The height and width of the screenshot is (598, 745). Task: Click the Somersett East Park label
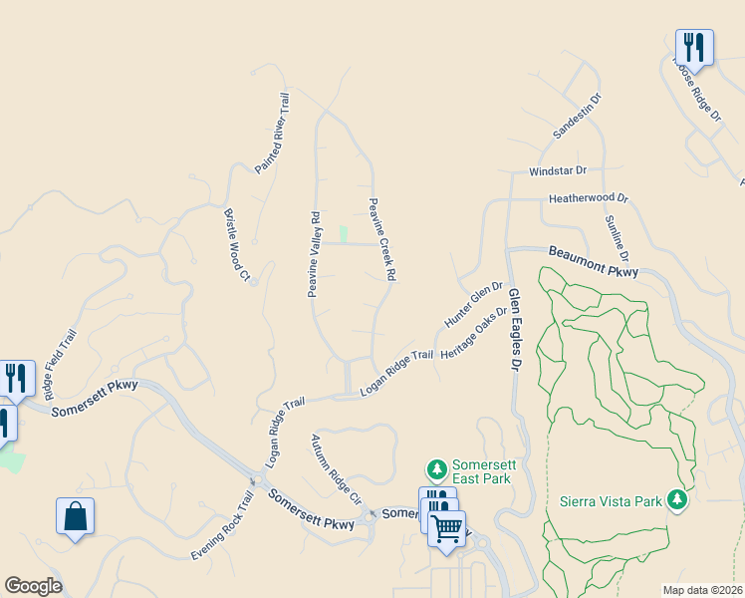tap(481, 471)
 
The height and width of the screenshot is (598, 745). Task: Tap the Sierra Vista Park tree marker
tap(678, 499)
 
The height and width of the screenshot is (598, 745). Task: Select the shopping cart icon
tap(447, 528)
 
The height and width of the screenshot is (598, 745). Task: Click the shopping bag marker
tap(75, 516)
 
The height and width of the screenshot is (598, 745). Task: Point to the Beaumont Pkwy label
tap(593, 263)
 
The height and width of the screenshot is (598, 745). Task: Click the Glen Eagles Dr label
tap(515, 330)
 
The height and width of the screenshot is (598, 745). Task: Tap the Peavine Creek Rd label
tap(382, 238)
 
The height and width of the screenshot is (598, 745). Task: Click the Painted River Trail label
tap(272, 135)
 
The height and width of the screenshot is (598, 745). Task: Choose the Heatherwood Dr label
tap(589, 198)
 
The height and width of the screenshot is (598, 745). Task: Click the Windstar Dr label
tap(558, 171)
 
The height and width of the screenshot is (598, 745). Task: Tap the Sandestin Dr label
tap(578, 117)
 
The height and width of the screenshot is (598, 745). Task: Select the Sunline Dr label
tap(611, 238)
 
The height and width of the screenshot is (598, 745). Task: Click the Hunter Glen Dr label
tap(474, 305)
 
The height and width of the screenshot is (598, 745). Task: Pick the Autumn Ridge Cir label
tap(335, 467)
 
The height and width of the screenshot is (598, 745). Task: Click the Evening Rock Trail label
tap(222, 526)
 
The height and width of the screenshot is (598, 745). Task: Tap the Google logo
tap(33, 586)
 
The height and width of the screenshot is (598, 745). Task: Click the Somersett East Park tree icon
tap(436, 468)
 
